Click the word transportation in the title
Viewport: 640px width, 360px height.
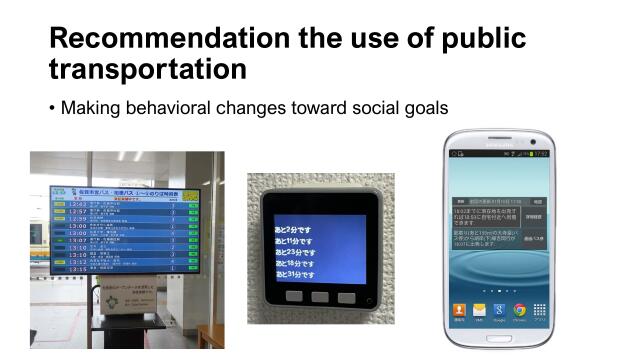pos(148,69)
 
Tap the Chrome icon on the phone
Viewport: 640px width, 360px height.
pos(520,310)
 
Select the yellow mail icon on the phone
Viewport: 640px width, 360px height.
pos(481,310)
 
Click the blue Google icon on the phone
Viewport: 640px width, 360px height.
pos(500,310)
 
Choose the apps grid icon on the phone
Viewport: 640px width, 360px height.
pos(540,310)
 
